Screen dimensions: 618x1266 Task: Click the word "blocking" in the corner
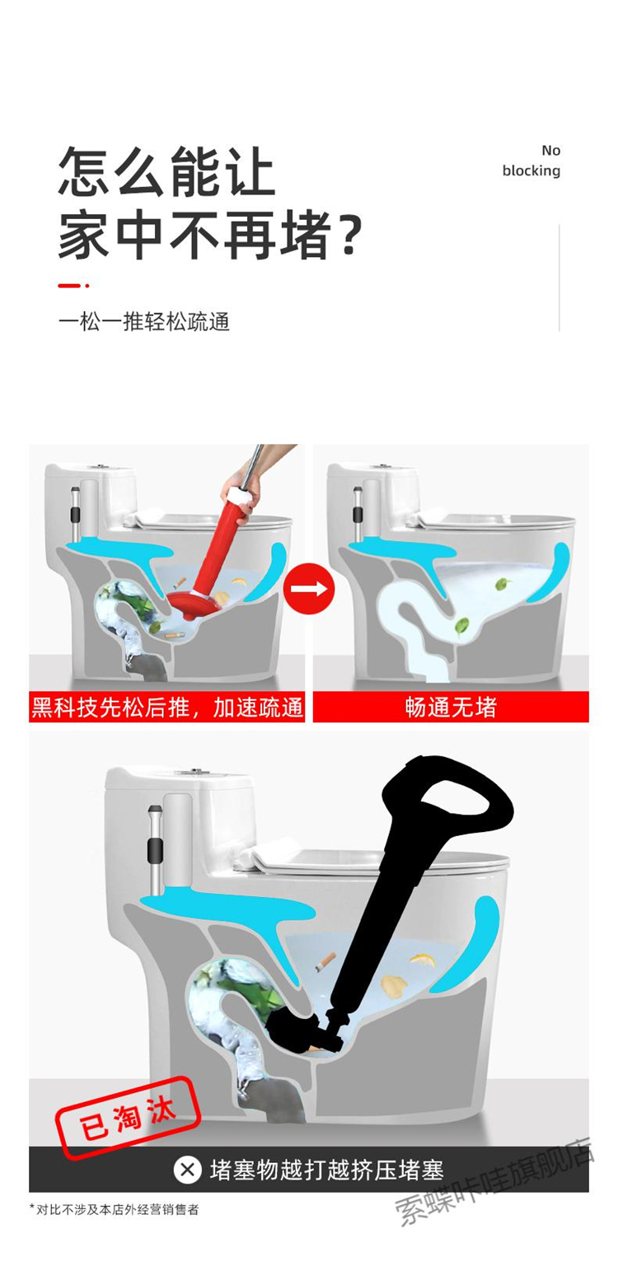(x=531, y=171)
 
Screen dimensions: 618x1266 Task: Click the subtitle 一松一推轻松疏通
(x=144, y=322)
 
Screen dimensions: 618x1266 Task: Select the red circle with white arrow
(x=309, y=588)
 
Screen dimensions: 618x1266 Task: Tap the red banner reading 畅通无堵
(x=451, y=707)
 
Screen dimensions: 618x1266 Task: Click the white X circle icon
(x=187, y=1170)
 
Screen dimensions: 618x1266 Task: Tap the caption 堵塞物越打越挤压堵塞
(x=327, y=1170)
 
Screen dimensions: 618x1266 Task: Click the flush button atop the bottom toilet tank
(x=192, y=772)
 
